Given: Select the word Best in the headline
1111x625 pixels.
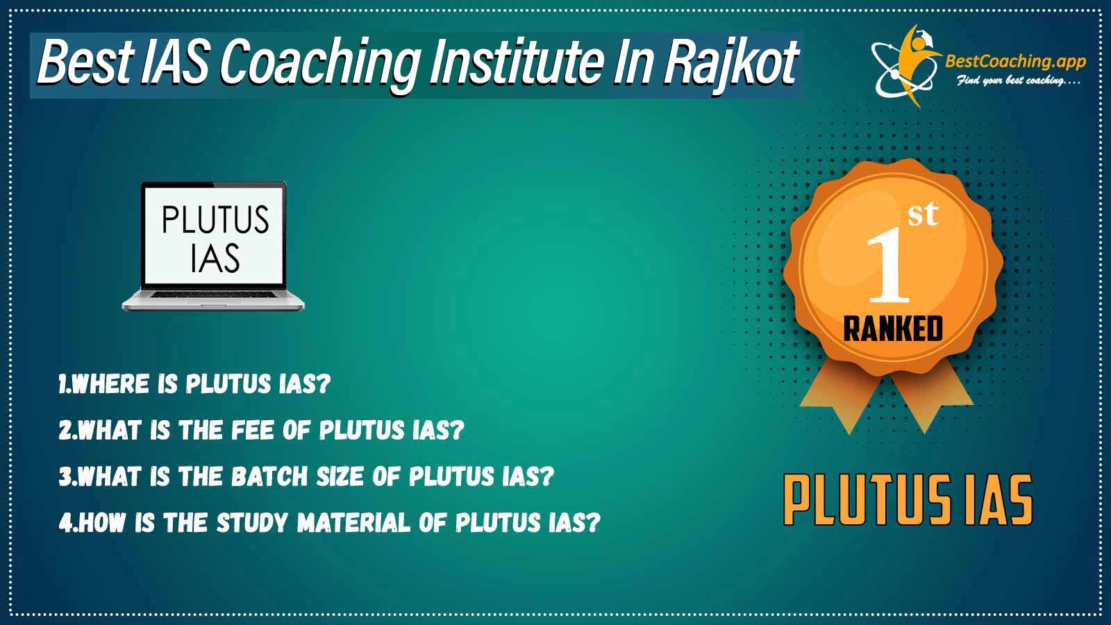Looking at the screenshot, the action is (85, 63).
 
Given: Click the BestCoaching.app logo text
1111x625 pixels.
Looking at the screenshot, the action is (1015, 62).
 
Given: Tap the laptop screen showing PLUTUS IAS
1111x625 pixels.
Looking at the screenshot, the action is (215, 237).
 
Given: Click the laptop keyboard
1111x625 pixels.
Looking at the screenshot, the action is (214, 294).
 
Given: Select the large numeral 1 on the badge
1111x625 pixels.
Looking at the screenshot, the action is (889, 265).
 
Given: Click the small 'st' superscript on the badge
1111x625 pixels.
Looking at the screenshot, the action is (923, 215).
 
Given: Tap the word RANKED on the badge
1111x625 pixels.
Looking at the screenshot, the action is (893, 329).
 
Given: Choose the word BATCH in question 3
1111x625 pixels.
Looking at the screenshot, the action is (269, 476).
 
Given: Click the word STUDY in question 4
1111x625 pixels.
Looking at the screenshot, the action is (252, 522).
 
